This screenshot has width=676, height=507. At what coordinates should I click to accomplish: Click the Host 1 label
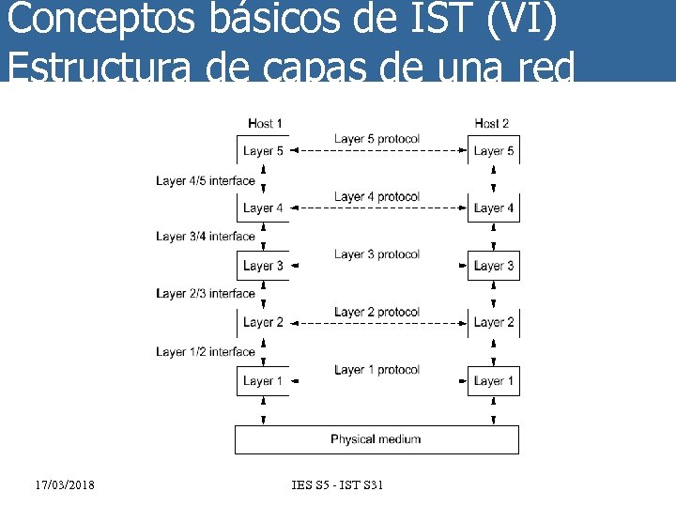pos(266,124)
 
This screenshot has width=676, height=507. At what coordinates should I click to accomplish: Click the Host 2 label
pos(492,124)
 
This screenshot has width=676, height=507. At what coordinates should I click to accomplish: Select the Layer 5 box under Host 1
pos(263,150)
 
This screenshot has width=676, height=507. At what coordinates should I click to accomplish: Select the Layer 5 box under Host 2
pos(494,150)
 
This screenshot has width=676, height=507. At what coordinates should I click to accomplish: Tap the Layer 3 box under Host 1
pos(263,266)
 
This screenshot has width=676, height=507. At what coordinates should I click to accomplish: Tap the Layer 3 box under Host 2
pos(494,266)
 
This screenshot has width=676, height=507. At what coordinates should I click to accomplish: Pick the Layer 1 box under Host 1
pos(263,381)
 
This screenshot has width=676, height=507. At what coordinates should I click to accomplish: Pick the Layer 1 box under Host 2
pos(494,381)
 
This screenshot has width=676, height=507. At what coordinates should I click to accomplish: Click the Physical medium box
pos(376,439)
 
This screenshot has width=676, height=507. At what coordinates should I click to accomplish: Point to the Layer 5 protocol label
pos(376,139)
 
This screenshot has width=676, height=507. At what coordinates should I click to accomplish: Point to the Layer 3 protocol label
pos(376,254)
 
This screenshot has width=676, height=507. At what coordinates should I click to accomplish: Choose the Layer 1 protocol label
pos(376,370)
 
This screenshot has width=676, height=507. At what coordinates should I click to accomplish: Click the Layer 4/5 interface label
pos(206,180)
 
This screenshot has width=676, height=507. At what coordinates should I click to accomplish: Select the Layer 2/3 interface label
pos(206,294)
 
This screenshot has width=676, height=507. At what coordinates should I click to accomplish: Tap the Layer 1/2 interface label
pos(206,352)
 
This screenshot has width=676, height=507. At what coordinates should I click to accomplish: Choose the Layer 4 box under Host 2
pos(494,207)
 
